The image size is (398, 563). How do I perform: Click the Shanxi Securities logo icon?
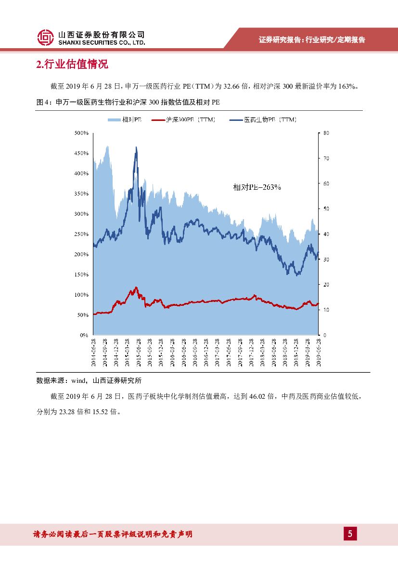click(46, 38)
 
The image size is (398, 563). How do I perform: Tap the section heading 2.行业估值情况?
click(72, 65)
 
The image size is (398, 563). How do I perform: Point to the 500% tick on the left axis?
click(81, 133)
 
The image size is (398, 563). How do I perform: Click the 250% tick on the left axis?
click(81, 234)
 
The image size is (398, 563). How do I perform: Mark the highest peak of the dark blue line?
click(136, 147)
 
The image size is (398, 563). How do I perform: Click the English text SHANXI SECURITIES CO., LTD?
click(102, 42)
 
